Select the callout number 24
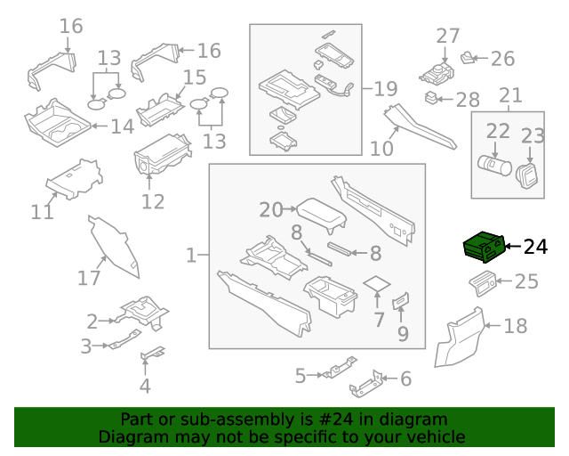pyautogui.click(x=536, y=247)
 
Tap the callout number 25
pyautogui.click(x=526, y=282)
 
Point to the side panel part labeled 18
pyautogui.click(x=462, y=338)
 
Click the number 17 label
pyautogui.click(x=89, y=278)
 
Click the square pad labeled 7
pyautogui.click(x=379, y=286)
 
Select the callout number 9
pyautogui.click(x=403, y=334)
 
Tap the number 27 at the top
pyautogui.click(x=448, y=37)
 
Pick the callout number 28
pyautogui.click(x=468, y=99)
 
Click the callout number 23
pyautogui.click(x=533, y=135)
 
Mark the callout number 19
pyautogui.click(x=385, y=88)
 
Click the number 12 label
pyautogui.click(x=153, y=201)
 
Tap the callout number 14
pyautogui.click(x=122, y=126)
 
